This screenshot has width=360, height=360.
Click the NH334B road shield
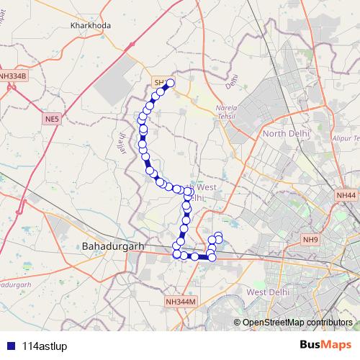coord(13,75)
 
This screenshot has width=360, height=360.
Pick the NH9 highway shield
coord(310,239)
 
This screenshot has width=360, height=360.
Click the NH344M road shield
coord(180,302)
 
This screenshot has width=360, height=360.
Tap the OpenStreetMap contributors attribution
coord(297,322)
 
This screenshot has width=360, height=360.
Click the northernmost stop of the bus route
coord(171,84)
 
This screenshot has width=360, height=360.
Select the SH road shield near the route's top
coord(159,83)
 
